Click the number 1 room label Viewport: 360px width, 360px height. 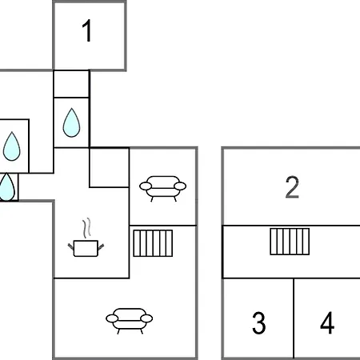click(x=87, y=30)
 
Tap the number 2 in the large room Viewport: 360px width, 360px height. click(x=292, y=187)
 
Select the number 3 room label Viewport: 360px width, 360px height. click(x=258, y=322)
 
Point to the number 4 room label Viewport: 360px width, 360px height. click(x=327, y=322)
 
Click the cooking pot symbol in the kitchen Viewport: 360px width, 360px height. click(x=86, y=248)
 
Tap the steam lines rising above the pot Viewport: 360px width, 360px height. click(x=86, y=228)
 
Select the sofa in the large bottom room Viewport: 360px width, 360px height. click(x=129, y=321)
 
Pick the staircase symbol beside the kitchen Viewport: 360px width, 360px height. click(x=153, y=243)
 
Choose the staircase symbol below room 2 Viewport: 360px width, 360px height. click(x=290, y=242)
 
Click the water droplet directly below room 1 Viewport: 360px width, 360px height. click(x=71, y=122)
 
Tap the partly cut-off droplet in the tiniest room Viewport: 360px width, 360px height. click(x=6, y=187)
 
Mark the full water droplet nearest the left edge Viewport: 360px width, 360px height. click(x=12, y=146)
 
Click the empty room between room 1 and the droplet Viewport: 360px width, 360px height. click(x=71, y=84)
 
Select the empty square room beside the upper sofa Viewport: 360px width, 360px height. click(x=110, y=168)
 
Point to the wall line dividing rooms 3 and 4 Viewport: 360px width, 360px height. click(x=294, y=318)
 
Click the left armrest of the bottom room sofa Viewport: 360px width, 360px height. click(x=112, y=318)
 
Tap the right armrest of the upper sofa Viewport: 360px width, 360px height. click(x=180, y=186)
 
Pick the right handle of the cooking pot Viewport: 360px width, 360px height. click(x=101, y=247)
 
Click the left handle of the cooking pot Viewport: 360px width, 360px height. click(x=71, y=247)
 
